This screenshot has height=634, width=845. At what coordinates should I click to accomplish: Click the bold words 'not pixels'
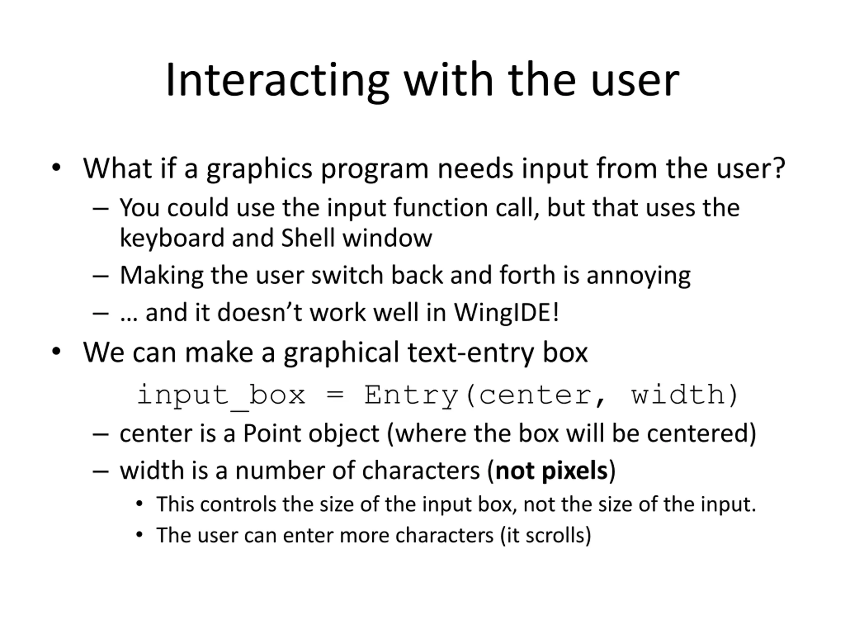(x=552, y=471)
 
